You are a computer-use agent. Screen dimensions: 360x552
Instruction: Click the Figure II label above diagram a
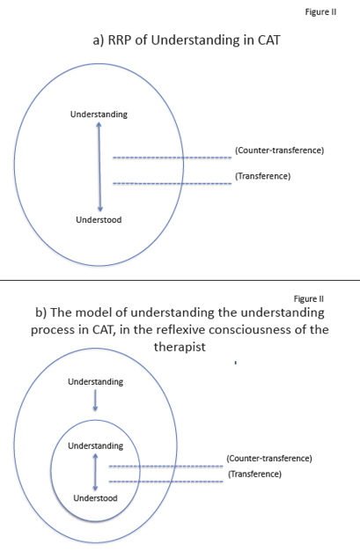coord(320,12)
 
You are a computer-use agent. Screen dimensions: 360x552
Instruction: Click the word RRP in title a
coord(120,40)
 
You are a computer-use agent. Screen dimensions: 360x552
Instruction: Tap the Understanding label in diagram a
coord(99,114)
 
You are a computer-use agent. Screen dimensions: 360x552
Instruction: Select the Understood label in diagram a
coord(99,220)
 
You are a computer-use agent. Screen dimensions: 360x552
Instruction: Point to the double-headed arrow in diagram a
coord(99,166)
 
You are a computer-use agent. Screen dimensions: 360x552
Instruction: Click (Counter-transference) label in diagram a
coord(279,151)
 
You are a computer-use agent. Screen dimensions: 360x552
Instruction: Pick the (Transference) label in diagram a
coord(263,176)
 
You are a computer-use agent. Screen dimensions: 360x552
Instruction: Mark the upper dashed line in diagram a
coord(173,158)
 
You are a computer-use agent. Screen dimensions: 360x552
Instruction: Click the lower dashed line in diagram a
coord(173,183)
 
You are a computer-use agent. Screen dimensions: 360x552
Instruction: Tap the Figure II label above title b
coord(309,298)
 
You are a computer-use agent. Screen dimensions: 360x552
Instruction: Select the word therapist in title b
coord(180,347)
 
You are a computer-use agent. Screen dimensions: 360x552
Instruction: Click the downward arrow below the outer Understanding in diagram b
coord(95,401)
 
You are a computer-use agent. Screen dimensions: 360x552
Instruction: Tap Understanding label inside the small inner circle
coord(96,445)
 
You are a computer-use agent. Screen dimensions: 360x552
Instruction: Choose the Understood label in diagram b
coord(95,498)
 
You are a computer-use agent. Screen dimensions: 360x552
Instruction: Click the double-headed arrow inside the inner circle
coord(95,472)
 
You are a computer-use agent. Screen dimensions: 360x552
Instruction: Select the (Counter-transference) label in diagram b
coord(269,459)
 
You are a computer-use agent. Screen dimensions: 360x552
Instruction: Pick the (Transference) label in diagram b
coord(254,475)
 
